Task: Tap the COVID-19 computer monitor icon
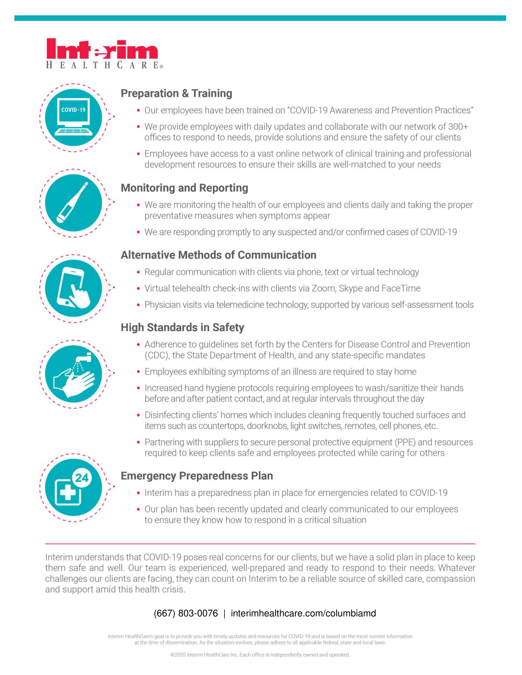(x=74, y=118)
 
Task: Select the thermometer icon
(x=74, y=203)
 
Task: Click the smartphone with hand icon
(x=74, y=288)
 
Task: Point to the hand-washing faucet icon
(x=74, y=374)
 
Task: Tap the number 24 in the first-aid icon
(x=82, y=478)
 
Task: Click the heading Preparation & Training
(x=176, y=93)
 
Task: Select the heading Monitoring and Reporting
(x=184, y=188)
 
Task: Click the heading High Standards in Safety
(x=182, y=327)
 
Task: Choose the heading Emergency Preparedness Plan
(x=197, y=476)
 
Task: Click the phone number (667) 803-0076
(x=185, y=613)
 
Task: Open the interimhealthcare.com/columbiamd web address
(x=303, y=613)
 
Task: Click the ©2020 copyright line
(x=260, y=655)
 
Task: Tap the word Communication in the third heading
(x=277, y=255)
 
